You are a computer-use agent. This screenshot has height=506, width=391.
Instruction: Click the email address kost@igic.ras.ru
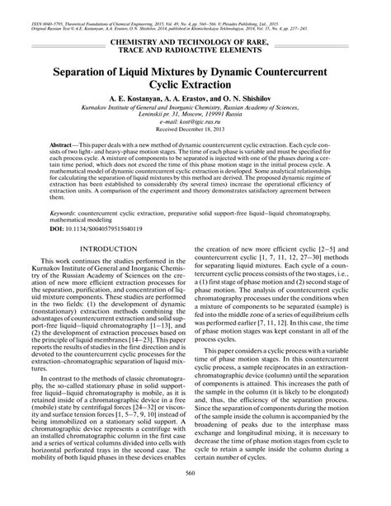(198, 135)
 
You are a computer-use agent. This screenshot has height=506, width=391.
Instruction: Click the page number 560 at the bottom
(195, 495)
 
